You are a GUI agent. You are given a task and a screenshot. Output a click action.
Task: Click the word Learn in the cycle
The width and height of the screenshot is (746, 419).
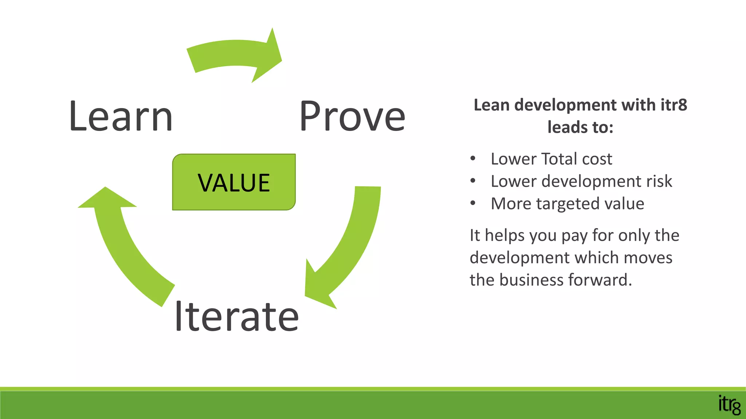click(121, 116)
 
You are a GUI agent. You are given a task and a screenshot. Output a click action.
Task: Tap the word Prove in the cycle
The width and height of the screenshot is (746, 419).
click(352, 116)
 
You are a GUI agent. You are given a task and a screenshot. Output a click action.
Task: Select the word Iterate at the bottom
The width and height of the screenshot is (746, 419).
click(237, 316)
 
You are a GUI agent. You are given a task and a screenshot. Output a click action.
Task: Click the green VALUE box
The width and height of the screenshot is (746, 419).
click(234, 182)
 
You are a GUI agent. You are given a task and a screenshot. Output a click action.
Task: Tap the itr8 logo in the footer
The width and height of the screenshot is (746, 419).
click(729, 404)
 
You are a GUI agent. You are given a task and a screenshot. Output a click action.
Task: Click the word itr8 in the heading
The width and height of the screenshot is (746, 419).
click(674, 105)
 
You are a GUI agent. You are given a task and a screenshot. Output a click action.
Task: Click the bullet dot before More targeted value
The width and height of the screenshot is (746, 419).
click(473, 203)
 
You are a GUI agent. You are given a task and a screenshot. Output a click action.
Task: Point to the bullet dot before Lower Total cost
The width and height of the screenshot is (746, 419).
click(473, 159)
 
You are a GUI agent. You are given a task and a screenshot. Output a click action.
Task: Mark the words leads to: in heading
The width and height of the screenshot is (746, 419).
click(580, 127)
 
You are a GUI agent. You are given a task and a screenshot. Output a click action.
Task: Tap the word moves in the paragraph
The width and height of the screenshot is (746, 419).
click(648, 258)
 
